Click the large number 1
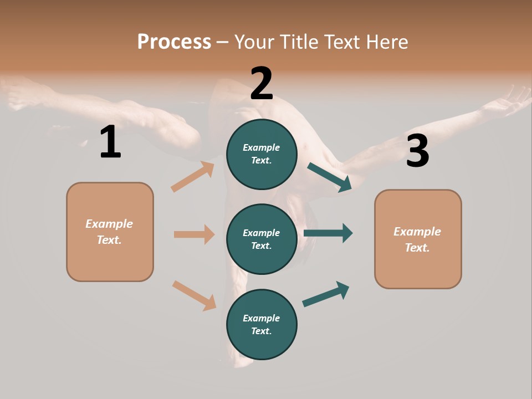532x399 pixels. click(x=110, y=142)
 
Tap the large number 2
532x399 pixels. click(x=262, y=83)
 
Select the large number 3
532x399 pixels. click(x=417, y=151)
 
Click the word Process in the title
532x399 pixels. click(x=174, y=42)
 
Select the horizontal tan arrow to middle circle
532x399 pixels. click(x=194, y=234)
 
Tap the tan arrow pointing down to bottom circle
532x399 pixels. click(x=195, y=295)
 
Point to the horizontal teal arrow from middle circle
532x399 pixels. click(x=328, y=233)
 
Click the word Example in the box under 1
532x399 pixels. click(x=109, y=224)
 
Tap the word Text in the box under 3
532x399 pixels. click(x=416, y=248)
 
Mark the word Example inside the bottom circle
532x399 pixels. click(x=261, y=318)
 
